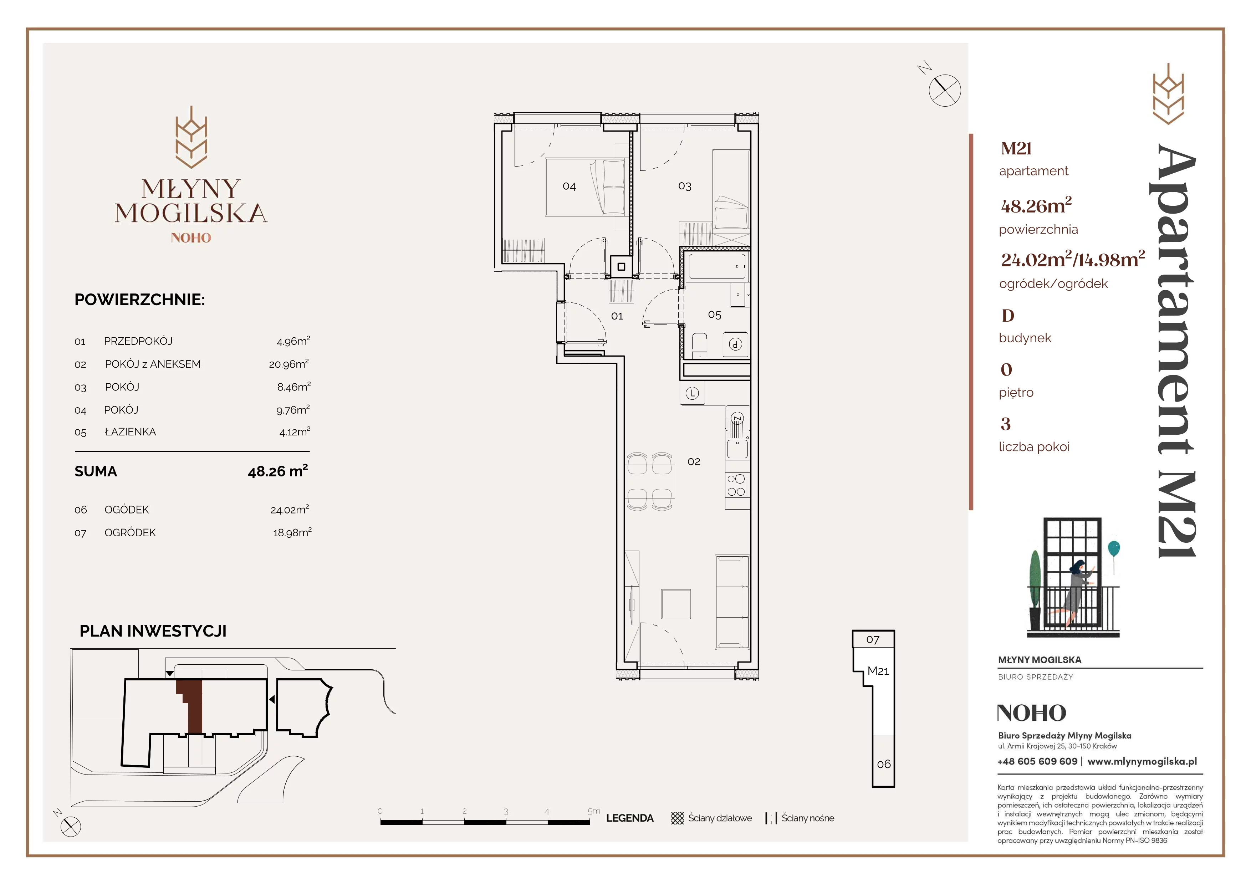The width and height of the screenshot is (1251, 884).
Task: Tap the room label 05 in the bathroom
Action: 714,315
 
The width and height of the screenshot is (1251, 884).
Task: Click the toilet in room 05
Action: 699,346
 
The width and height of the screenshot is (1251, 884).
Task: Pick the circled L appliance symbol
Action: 692,393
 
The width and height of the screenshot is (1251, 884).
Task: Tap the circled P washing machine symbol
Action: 736,344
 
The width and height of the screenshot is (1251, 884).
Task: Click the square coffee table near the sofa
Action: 676,604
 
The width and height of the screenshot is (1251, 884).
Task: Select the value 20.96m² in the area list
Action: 289,364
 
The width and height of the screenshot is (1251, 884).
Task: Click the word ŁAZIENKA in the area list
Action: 130,432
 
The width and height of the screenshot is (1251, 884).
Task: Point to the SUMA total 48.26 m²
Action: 278,471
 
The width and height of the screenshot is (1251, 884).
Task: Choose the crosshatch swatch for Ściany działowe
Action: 677,818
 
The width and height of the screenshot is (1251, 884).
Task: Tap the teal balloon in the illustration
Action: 1114,549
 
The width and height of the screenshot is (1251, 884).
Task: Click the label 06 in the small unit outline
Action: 884,764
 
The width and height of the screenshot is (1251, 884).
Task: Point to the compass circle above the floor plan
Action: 945,91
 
